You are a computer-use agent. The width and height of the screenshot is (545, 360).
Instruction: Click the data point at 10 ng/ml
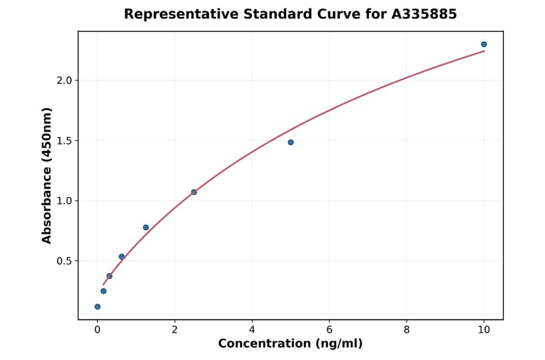[x=484, y=44]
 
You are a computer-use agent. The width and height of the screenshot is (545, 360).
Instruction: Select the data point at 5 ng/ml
[x=291, y=142]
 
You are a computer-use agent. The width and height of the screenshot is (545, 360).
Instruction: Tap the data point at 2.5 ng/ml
[x=194, y=192]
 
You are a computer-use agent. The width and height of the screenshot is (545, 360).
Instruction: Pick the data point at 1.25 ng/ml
[x=146, y=227]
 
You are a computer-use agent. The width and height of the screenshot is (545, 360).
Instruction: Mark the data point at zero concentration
[x=97, y=307]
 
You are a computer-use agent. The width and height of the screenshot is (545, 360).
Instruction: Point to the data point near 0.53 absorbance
[x=122, y=257]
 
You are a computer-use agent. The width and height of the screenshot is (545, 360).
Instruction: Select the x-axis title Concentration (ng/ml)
[x=290, y=344]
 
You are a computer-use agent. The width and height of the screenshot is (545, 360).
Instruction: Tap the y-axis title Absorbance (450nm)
[x=47, y=175]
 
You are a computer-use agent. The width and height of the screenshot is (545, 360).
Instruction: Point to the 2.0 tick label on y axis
[x=64, y=81]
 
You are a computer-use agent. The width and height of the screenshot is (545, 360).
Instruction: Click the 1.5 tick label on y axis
[x=64, y=141]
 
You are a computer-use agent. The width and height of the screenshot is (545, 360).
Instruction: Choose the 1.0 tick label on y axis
[x=64, y=201]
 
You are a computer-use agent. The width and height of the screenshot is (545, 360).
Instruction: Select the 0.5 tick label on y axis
[x=64, y=261]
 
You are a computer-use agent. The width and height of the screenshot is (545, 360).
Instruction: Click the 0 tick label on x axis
[x=97, y=330]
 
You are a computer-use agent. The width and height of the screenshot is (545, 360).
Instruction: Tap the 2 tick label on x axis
[x=174, y=330]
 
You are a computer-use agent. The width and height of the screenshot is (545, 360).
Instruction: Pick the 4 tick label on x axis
[x=252, y=330]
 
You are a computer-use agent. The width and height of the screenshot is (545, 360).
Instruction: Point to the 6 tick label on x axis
[x=329, y=330]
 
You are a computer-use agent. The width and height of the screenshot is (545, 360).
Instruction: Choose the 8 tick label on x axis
[x=406, y=330]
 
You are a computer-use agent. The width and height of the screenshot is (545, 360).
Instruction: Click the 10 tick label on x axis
[x=484, y=330]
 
